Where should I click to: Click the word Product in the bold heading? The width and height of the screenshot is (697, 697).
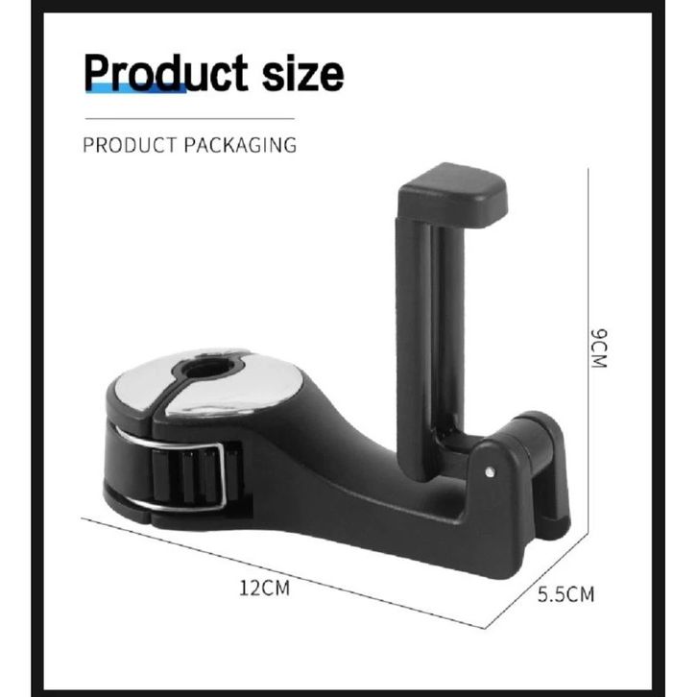tap(166, 73)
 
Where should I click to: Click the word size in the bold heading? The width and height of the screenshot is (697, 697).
tap(302, 74)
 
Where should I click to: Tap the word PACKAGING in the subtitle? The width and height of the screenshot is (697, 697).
tap(240, 145)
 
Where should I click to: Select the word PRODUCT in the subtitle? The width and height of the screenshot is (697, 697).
tap(130, 145)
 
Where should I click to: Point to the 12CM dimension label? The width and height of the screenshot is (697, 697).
tap(264, 588)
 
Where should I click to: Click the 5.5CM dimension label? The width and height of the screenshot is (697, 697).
tap(565, 594)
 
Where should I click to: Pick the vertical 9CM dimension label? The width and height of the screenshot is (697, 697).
tap(598, 348)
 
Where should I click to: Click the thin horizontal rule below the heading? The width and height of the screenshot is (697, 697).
tap(190, 119)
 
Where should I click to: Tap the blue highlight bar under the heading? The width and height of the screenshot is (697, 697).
tap(135, 88)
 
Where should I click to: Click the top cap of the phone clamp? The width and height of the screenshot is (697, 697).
tap(452, 196)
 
